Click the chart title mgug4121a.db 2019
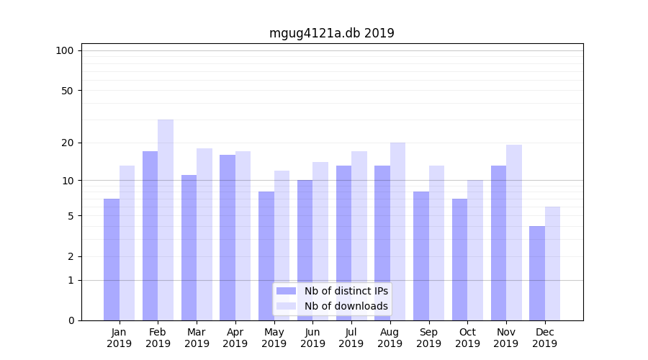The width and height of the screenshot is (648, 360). [x=331, y=33]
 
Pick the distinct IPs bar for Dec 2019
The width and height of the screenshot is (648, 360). [x=537, y=273]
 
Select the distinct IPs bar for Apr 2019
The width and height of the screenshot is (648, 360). [x=228, y=238]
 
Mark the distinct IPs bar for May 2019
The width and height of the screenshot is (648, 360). [x=266, y=256]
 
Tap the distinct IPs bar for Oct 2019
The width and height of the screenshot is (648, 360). [x=459, y=259]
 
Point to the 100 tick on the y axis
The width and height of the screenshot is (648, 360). [x=65, y=50]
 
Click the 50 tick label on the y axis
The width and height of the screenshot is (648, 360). [x=67, y=91]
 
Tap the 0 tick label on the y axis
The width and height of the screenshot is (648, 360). [x=71, y=320]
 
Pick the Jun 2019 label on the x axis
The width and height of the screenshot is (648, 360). [x=312, y=338]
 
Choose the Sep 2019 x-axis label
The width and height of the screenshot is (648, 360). [x=428, y=338]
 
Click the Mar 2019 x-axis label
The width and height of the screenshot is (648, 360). [x=197, y=338]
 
